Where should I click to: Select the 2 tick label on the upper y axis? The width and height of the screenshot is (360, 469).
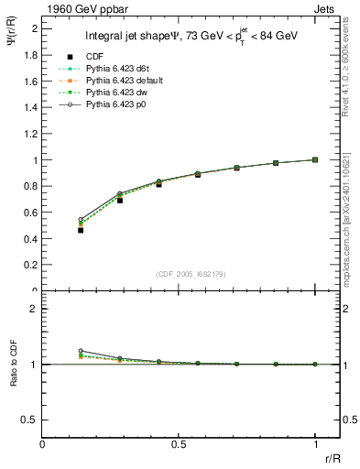pos(34,28)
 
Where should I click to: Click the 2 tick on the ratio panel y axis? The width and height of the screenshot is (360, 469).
pos(34,309)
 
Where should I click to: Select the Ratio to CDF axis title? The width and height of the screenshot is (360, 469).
pos(14,377)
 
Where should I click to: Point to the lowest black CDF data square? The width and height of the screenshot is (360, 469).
pos(81,230)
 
